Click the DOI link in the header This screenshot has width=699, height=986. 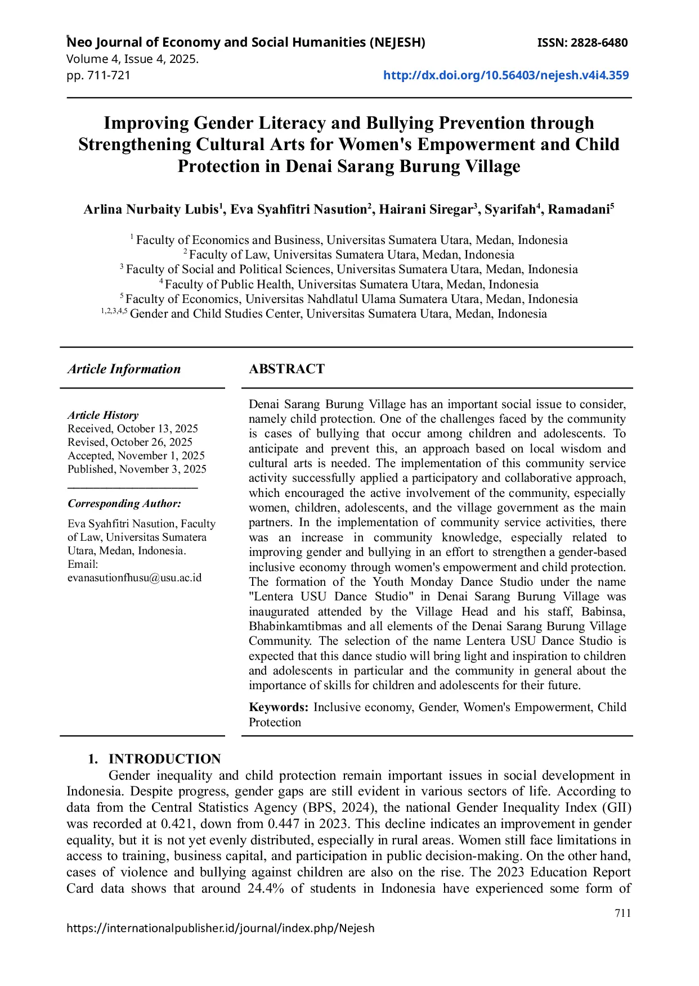pyautogui.click(x=505, y=75)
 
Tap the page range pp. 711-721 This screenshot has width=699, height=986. pyautogui.click(x=98, y=75)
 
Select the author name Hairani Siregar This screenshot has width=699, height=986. pyautogui.click(x=425, y=210)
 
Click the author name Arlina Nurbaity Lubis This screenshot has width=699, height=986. pyautogui.click(x=151, y=210)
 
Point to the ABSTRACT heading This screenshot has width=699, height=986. pyautogui.click(x=286, y=369)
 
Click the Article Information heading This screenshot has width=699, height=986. pyautogui.click(x=124, y=369)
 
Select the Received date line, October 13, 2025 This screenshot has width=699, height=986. pyautogui.click(x=133, y=428)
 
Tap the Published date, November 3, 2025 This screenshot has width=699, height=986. pyautogui.click(x=137, y=469)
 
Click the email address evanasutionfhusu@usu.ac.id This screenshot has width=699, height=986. pyautogui.click(x=135, y=578)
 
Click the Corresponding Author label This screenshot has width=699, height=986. pyautogui.click(x=124, y=504)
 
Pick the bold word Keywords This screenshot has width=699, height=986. pyautogui.click(x=278, y=707)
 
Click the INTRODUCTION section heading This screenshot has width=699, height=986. pyautogui.click(x=164, y=759)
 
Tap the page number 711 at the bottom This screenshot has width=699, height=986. pyautogui.click(x=622, y=913)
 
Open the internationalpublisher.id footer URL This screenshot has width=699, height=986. pyautogui.click(x=220, y=928)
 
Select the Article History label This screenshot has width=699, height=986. pyautogui.click(x=103, y=415)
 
